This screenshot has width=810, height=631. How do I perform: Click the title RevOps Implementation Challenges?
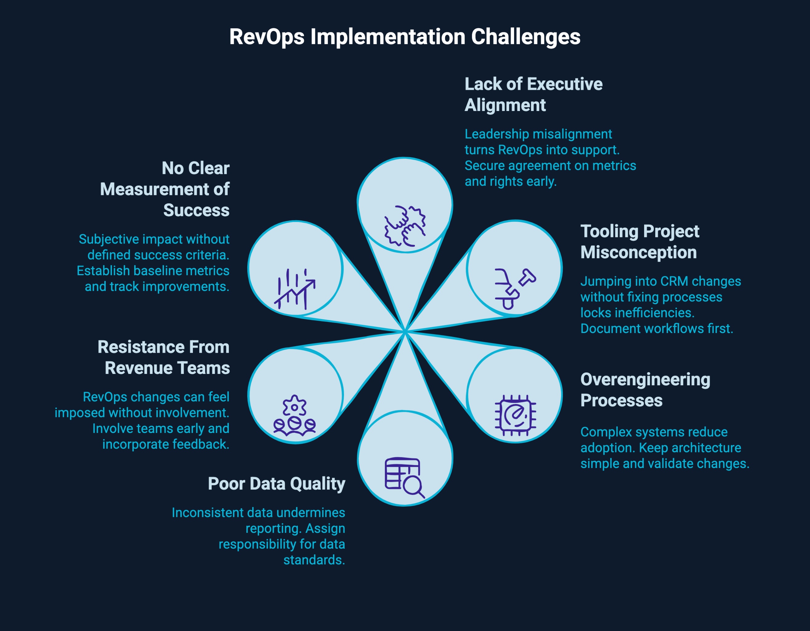[x=405, y=37]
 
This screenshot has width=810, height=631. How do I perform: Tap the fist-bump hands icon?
[x=405, y=226]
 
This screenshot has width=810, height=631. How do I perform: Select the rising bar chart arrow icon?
[x=295, y=289]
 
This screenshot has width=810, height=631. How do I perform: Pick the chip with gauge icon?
[x=515, y=415]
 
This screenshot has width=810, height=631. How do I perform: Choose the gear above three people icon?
[x=294, y=415]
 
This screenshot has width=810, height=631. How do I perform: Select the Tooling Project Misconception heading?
[x=639, y=242]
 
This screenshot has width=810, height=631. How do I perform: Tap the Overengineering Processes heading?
[x=645, y=390]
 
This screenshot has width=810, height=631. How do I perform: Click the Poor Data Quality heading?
[x=276, y=484]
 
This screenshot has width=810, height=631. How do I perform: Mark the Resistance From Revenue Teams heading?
[x=164, y=357]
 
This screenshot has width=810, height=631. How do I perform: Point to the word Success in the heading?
[x=196, y=210]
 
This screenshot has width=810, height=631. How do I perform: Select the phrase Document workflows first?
[x=656, y=329]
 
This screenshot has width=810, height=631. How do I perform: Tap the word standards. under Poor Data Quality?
[x=314, y=560]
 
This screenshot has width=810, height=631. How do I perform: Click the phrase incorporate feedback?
[x=166, y=444]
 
